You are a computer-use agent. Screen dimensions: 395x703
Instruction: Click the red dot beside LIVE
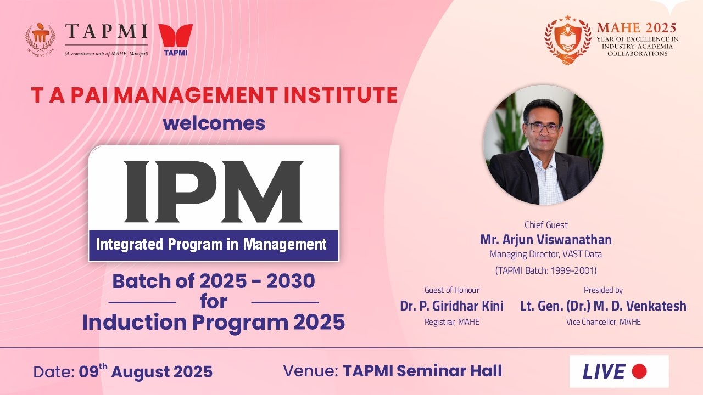point(639,371)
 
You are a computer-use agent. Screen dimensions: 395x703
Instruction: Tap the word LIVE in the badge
point(604,372)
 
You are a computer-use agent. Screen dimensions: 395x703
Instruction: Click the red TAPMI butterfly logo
point(175,36)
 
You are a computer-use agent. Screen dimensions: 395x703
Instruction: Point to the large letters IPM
point(214,191)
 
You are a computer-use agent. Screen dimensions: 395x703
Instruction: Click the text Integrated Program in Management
point(211,244)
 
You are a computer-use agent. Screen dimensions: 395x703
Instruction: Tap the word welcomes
point(214,123)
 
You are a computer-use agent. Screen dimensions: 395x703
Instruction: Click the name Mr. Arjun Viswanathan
point(545,240)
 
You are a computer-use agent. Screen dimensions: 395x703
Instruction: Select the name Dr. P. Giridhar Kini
point(451,306)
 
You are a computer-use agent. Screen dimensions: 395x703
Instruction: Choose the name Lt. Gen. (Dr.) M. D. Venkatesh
point(603,306)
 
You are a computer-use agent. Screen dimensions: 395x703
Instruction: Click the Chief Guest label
point(546,225)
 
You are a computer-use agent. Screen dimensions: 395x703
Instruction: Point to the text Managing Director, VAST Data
point(545,254)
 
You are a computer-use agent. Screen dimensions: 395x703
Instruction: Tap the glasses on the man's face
point(542,127)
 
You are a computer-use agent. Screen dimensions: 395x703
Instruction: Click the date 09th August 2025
point(145,371)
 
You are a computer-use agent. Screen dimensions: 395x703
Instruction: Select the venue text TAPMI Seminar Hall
point(422,371)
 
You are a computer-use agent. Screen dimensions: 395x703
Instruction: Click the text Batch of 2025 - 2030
point(214,281)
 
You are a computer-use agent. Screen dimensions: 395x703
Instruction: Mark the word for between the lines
point(214,302)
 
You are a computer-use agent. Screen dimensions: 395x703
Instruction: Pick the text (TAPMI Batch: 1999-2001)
point(545,270)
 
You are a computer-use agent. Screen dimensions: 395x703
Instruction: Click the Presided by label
point(603,290)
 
